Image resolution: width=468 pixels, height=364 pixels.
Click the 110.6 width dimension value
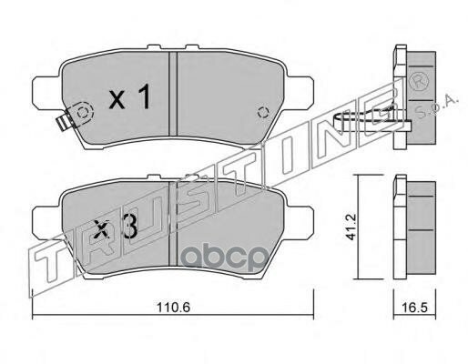(173, 308)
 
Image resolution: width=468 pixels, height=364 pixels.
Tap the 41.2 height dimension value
(351, 227)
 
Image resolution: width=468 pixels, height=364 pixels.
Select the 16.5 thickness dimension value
(415, 308)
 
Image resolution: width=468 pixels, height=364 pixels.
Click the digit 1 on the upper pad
(145, 96)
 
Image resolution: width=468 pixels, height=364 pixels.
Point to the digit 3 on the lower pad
(130, 227)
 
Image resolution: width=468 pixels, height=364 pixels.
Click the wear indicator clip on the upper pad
(65, 121)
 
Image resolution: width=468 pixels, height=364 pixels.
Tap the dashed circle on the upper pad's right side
(263, 113)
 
